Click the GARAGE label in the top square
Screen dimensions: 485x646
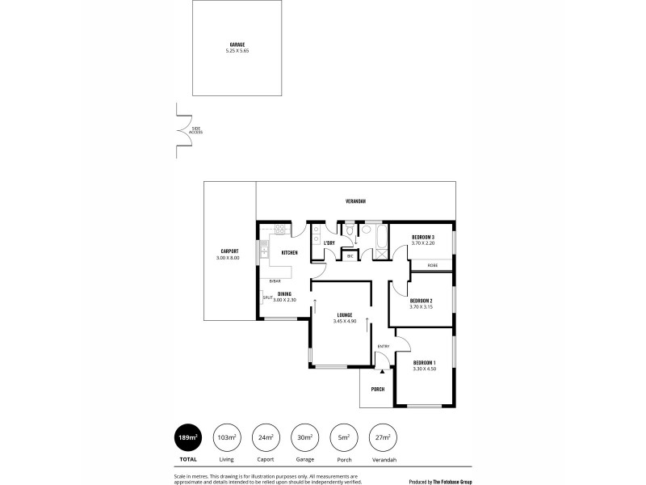coord(237,44)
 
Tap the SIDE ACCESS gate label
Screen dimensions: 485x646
coord(195,129)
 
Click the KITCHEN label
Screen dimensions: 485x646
coord(290,253)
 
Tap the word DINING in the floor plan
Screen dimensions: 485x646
coord(285,294)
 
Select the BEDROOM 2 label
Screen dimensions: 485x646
coord(422,301)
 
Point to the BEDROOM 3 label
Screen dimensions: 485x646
coord(422,237)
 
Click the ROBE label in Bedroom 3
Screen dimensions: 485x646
coord(433,265)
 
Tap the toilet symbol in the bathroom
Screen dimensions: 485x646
coord(349,232)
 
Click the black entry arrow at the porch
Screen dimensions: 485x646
coord(382,371)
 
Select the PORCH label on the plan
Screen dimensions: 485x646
coord(377,389)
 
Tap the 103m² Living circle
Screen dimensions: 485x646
coord(227,437)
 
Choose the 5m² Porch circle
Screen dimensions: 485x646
coord(344,437)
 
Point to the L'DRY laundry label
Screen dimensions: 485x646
coord(329,243)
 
